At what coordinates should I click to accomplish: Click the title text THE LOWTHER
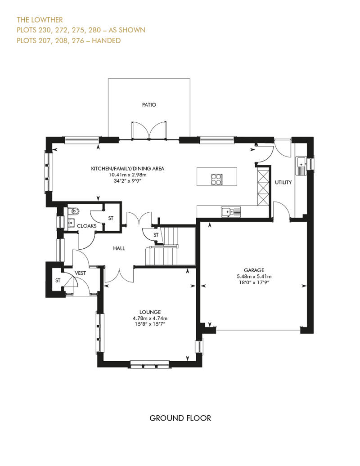(40, 20)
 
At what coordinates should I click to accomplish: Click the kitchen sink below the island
(231, 211)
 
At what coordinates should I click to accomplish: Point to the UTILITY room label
(283, 183)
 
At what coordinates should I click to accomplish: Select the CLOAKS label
(86, 226)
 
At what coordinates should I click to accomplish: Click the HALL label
(119, 248)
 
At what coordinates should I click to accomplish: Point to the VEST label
(81, 273)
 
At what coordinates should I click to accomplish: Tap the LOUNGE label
(150, 312)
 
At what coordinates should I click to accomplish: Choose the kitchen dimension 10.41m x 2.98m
(128, 175)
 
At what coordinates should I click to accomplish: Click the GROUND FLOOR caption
(180, 418)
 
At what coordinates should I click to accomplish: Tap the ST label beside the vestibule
(58, 281)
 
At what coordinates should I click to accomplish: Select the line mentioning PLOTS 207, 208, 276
(68, 40)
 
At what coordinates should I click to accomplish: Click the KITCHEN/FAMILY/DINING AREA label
(128, 169)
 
